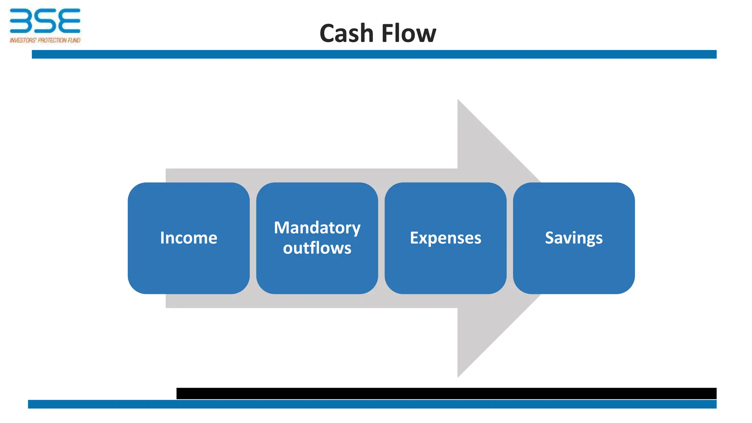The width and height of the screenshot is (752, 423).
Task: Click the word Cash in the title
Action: [x=346, y=33]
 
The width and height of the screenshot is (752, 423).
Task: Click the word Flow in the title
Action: [x=409, y=33]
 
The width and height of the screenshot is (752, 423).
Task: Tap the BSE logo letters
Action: [x=45, y=21]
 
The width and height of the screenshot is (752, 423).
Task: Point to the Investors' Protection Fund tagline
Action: [x=45, y=40]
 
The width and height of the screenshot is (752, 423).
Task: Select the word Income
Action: [x=188, y=238]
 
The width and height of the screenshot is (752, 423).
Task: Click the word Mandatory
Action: [x=317, y=228]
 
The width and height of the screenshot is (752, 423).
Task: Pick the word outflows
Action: [x=317, y=248]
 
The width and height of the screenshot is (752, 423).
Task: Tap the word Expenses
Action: [x=445, y=238]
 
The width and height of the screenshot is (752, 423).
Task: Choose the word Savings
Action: [x=574, y=238]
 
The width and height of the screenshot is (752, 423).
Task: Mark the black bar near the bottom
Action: [x=446, y=393]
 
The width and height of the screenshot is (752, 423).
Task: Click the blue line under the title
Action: [x=374, y=54]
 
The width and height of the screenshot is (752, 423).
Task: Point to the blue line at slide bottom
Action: [x=372, y=404]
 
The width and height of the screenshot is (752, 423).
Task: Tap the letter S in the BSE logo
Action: [x=45, y=21]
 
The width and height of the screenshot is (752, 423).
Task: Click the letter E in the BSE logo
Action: [x=69, y=21]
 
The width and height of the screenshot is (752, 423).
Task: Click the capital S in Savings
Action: [x=549, y=238]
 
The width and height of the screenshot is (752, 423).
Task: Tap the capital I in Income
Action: [x=162, y=238]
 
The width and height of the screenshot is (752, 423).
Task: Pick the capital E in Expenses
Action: [x=414, y=238]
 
